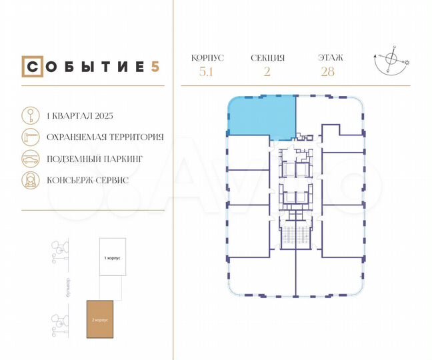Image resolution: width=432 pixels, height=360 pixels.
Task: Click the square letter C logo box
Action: (x=31, y=67)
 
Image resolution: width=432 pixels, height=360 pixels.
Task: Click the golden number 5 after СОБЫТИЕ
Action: (x=155, y=67)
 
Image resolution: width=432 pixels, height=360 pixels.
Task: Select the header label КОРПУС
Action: (x=207, y=58)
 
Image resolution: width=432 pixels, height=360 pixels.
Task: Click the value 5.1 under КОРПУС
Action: (x=207, y=72)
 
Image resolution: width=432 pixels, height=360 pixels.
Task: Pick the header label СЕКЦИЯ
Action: (x=267, y=58)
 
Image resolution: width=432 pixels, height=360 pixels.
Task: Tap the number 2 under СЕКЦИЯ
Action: (x=267, y=72)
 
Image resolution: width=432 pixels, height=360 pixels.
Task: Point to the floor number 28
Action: (x=327, y=72)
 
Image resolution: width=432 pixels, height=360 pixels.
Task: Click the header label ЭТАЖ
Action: (x=327, y=58)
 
